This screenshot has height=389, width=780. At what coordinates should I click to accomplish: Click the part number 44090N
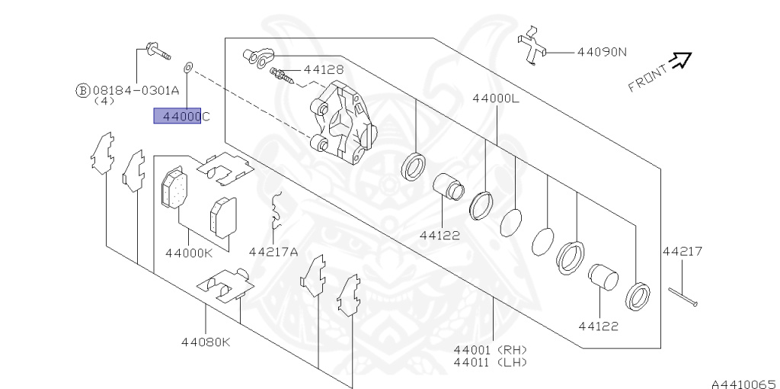click(601, 53)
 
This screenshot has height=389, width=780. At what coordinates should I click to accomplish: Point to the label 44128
click(323, 69)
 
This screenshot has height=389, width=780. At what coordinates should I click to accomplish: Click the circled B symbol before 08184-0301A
click(82, 90)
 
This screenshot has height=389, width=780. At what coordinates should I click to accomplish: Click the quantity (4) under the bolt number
click(104, 101)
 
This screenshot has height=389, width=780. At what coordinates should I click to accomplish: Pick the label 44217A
click(273, 252)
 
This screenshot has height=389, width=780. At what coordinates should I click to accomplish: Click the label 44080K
click(205, 342)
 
